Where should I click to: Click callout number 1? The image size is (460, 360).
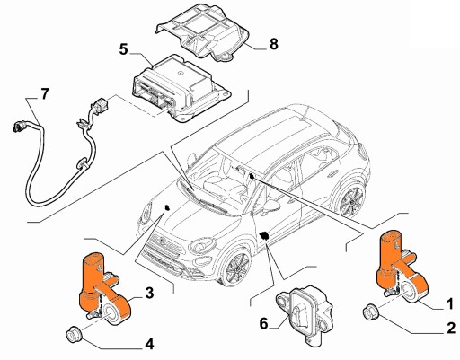pos(450,304)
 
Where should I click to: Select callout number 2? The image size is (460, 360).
pos(450,328)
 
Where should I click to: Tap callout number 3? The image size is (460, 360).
pos(149,293)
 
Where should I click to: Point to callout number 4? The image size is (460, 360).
pos(149,344)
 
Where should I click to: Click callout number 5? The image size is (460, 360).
pos(123,49)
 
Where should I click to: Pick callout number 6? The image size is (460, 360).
pos(263,323)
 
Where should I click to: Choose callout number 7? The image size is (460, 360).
pos(44,94)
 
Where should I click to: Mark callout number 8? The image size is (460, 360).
pos(274,44)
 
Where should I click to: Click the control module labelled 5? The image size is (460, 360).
pos(181,88)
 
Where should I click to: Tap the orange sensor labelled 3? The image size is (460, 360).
pos(103,289)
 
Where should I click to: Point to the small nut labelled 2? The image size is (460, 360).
pos(371,312)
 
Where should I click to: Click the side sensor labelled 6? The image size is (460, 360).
pos(304,317)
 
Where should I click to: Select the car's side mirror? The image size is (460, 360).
pos(271,207)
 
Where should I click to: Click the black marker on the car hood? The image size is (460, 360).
pos(167,207)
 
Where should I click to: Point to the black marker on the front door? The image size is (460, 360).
pos(264,235)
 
